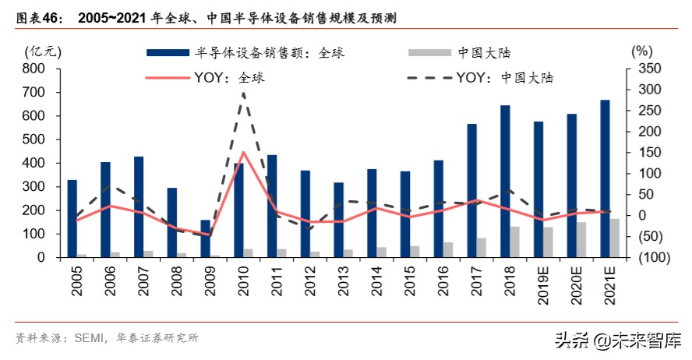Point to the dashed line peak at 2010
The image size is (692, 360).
click(x=243, y=93)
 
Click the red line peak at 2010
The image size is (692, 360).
click(x=243, y=152)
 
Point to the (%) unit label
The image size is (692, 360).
click(x=641, y=51)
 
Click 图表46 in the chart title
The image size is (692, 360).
click(x=40, y=17)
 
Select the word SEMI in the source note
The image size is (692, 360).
click(x=90, y=338)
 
